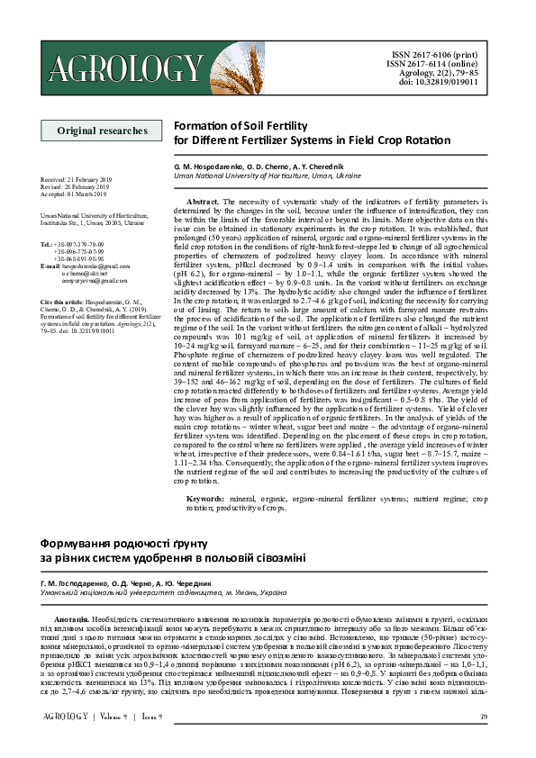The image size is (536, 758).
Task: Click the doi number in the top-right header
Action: point(447,83)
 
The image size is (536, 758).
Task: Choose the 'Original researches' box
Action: point(102,131)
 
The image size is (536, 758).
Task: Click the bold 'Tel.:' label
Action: point(47,244)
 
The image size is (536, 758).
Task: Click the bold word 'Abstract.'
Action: point(202,202)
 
